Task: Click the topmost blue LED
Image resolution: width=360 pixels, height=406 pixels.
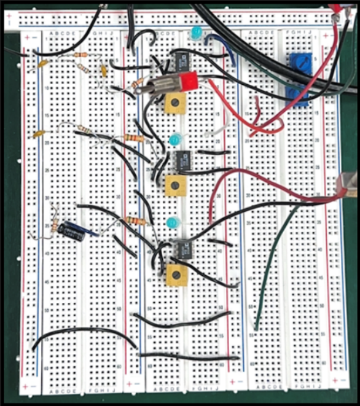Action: tap(196, 31)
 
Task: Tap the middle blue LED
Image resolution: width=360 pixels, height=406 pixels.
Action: tap(174, 139)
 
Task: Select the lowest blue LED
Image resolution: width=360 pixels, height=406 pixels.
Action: tap(171, 222)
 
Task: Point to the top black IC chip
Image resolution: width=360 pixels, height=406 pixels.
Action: tap(182, 60)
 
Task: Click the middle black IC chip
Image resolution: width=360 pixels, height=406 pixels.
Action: tap(182, 160)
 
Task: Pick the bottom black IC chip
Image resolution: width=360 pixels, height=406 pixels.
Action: tap(182, 249)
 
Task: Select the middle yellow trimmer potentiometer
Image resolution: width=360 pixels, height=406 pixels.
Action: tap(175, 184)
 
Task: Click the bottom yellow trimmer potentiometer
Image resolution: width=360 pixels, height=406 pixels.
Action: tap(176, 276)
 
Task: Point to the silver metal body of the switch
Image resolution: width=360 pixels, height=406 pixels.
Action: tap(165, 84)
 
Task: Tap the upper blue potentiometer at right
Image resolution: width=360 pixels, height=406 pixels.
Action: tap(300, 62)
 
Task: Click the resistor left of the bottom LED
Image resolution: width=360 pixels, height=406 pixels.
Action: tap(136, 221)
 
